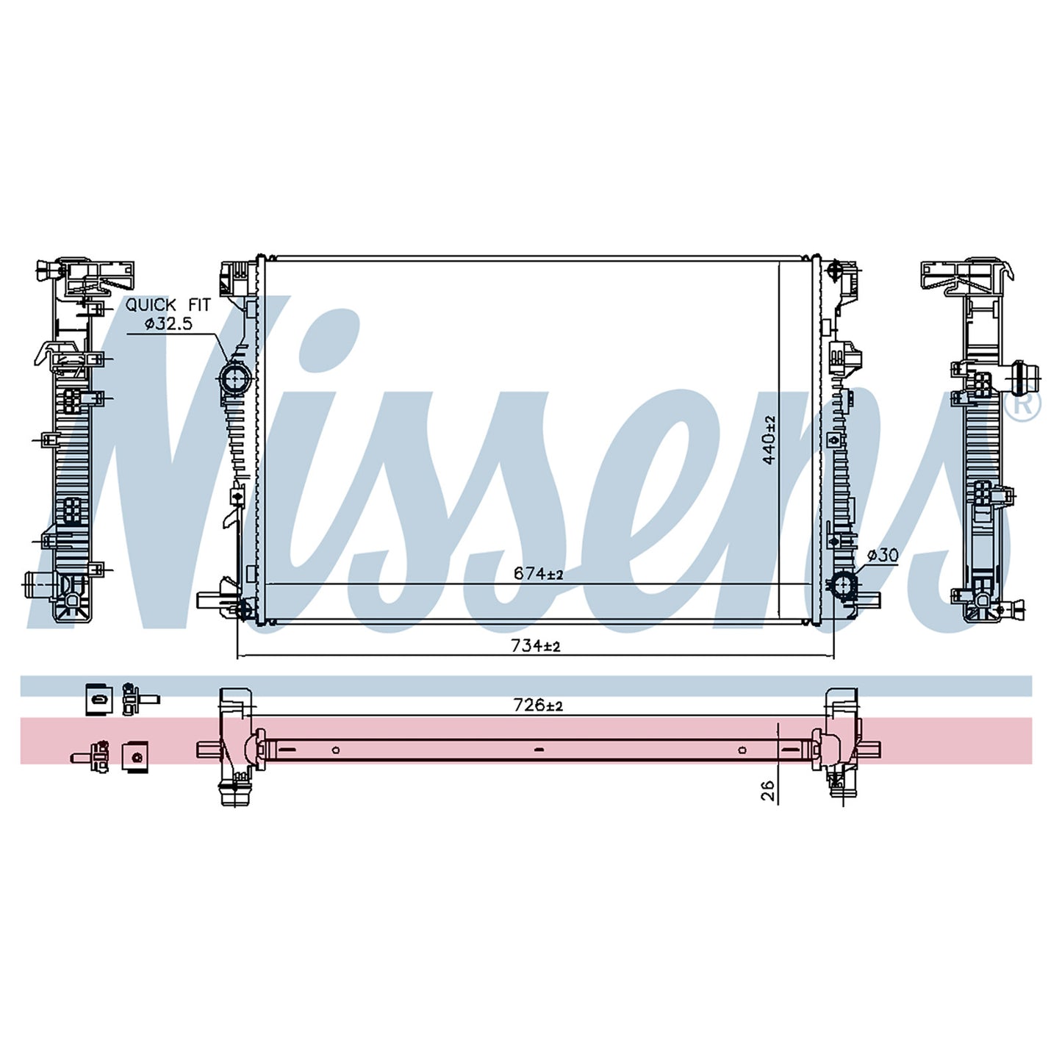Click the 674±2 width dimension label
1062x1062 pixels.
tap(537, 574)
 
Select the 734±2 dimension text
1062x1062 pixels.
tap(536, 646)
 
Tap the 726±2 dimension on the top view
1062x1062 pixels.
tap(538, 705)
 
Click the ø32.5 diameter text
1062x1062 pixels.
tap(168, 323)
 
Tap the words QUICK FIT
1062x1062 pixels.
tap(168, 305)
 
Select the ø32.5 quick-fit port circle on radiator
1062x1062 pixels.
tap(235, 378)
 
